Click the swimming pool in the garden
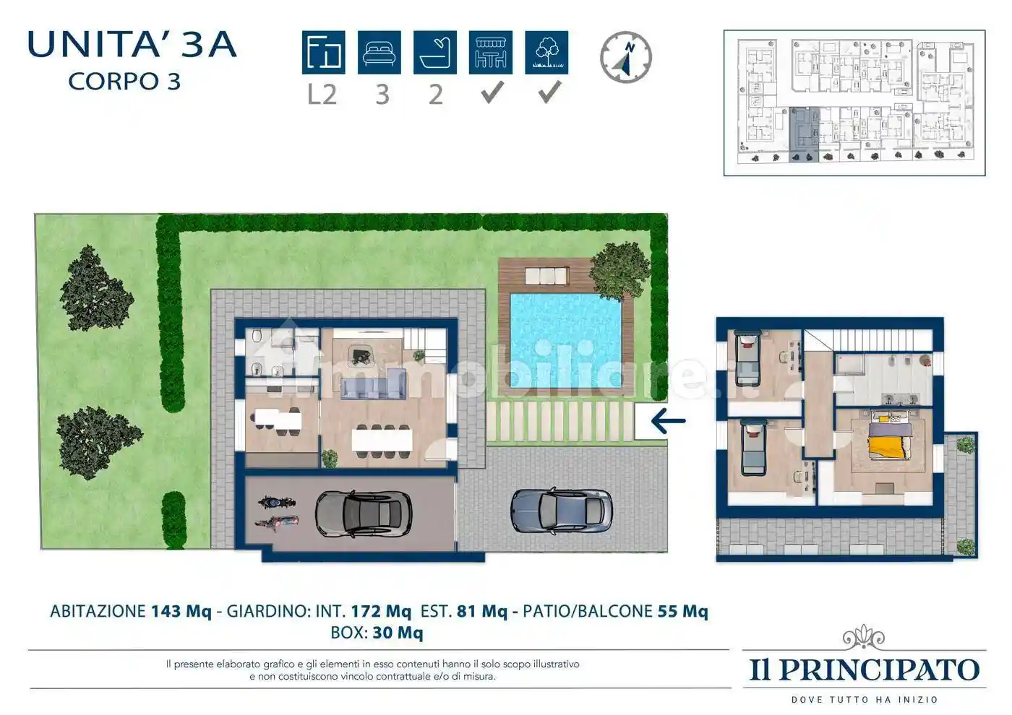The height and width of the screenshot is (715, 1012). (566, 339)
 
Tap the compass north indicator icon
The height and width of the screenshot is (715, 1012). (626, 57)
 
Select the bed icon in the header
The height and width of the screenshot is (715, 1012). (379, 53)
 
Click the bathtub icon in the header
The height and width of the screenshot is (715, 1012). (434, 53)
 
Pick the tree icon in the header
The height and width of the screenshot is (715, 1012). (546, 53)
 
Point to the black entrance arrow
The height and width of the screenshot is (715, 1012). (667, 421)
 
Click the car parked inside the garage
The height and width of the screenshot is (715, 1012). (363, 513)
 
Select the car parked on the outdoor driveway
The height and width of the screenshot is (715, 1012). (561, 511)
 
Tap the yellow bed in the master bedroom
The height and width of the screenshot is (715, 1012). (888, 441)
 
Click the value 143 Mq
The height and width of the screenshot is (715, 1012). (181, 611)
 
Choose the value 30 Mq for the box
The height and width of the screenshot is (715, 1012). (398, 633)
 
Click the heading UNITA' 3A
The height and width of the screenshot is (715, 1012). (132, 45)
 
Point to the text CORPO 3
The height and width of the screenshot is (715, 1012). (124, 82)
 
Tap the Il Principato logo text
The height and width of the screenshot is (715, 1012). (864, 669)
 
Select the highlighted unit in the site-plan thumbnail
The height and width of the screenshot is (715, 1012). (804, 134)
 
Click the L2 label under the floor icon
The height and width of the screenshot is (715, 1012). (322, 95)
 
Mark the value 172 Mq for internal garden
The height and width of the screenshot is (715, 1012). (380, 611)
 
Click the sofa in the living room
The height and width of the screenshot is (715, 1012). (373, 386)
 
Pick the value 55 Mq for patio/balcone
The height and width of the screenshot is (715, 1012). (682, 611)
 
